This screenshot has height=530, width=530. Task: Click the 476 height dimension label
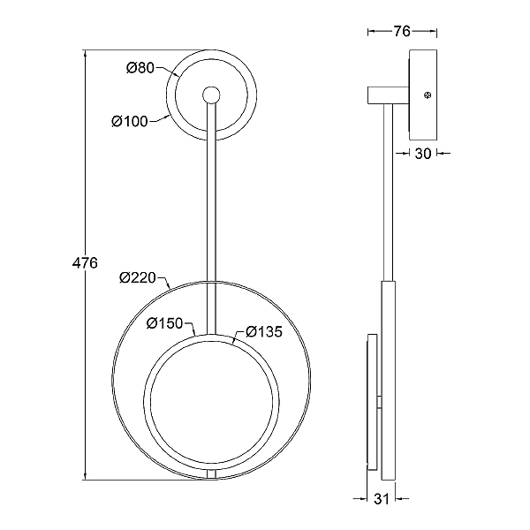pyautogui.click(x=85, y=262)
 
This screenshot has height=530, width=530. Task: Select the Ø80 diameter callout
pyautogui.click(x=140, y=68)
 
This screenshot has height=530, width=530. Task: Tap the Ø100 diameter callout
pyautogui.click(x=130, y=121)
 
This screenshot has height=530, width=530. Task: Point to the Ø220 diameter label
pyautogui.click(x=138, y=278)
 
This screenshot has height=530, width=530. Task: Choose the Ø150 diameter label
pyautogui.click(x=164, y=323)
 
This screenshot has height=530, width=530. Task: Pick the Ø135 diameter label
pyautogui.click(x=264, y=331)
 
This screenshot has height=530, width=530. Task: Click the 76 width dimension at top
pyautogui.click(x=402, y=31)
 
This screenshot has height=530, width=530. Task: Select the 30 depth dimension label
pyautogui.click(x=423, y=154)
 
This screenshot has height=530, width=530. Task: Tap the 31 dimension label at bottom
pyautogui.click(x=382, y=499)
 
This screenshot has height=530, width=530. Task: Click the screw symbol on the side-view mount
pyautogui.click(x=428, y=95)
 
